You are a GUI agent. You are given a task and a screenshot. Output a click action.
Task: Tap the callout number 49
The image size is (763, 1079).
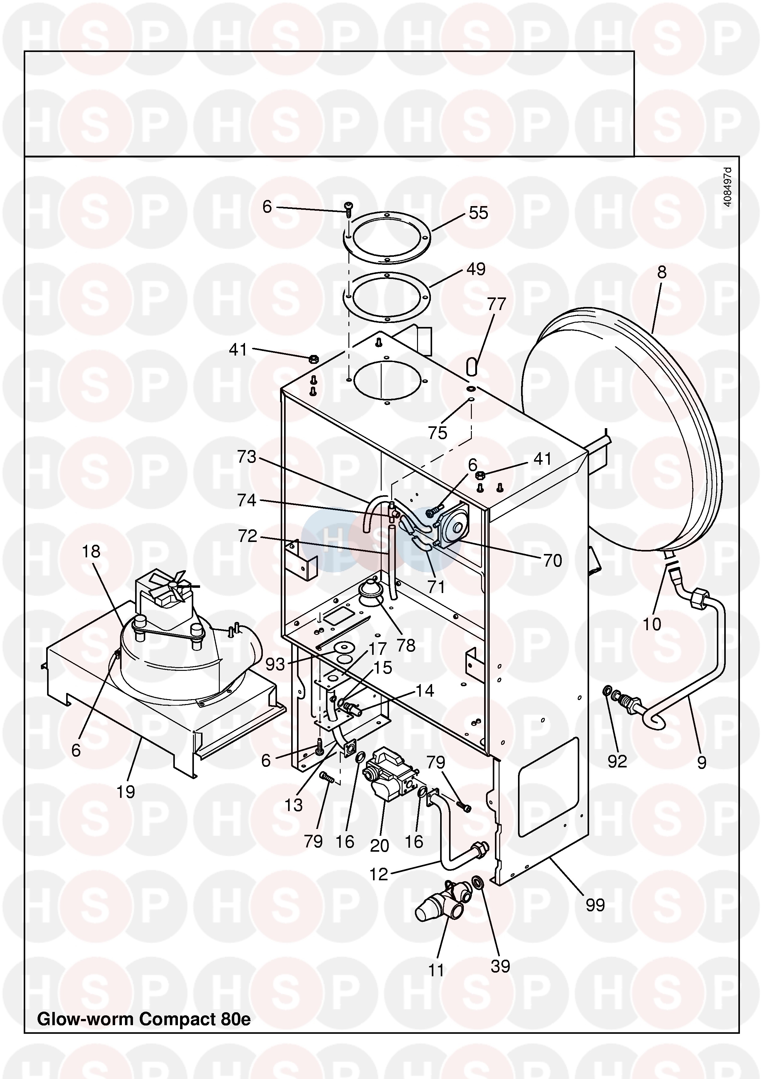476,269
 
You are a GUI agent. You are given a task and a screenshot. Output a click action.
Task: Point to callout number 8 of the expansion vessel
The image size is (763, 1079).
661,273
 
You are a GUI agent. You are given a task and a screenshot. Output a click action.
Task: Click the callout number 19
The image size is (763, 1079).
126,792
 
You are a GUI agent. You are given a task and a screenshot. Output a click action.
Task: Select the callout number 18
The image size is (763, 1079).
91,551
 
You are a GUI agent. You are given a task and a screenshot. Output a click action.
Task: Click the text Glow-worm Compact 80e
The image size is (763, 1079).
144,1019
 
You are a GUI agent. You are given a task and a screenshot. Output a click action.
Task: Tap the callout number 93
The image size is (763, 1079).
275,664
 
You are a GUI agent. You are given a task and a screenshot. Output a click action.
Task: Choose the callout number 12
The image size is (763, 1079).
379,874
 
